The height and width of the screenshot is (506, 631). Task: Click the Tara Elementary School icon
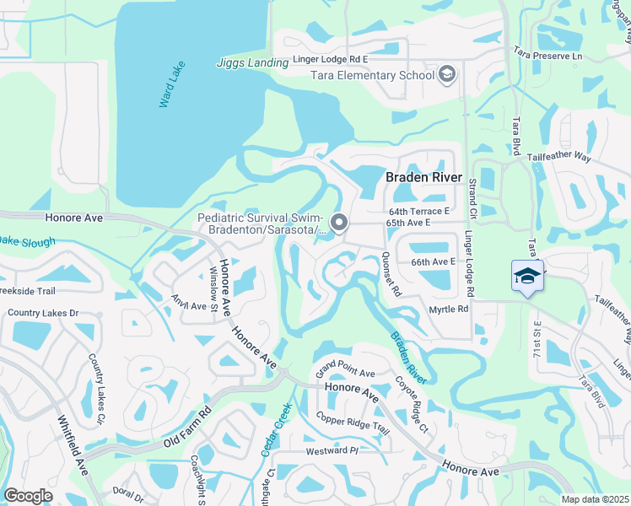tap(446, 75)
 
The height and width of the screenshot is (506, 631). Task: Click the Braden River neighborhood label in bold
tap(423, 177)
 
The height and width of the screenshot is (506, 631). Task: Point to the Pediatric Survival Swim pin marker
tap(339, 223)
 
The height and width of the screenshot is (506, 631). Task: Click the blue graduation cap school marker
tap(526, 277)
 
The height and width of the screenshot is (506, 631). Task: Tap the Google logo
tap(29, 496)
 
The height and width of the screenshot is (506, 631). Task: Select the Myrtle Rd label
tap(449, 310)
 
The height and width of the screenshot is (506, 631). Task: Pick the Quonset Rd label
tap(391, 273)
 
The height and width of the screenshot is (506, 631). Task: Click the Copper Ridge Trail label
tap(353, 423)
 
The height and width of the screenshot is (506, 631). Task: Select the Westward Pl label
tap(332, 450)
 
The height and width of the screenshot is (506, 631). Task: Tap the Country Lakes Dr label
tap(43, 313)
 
